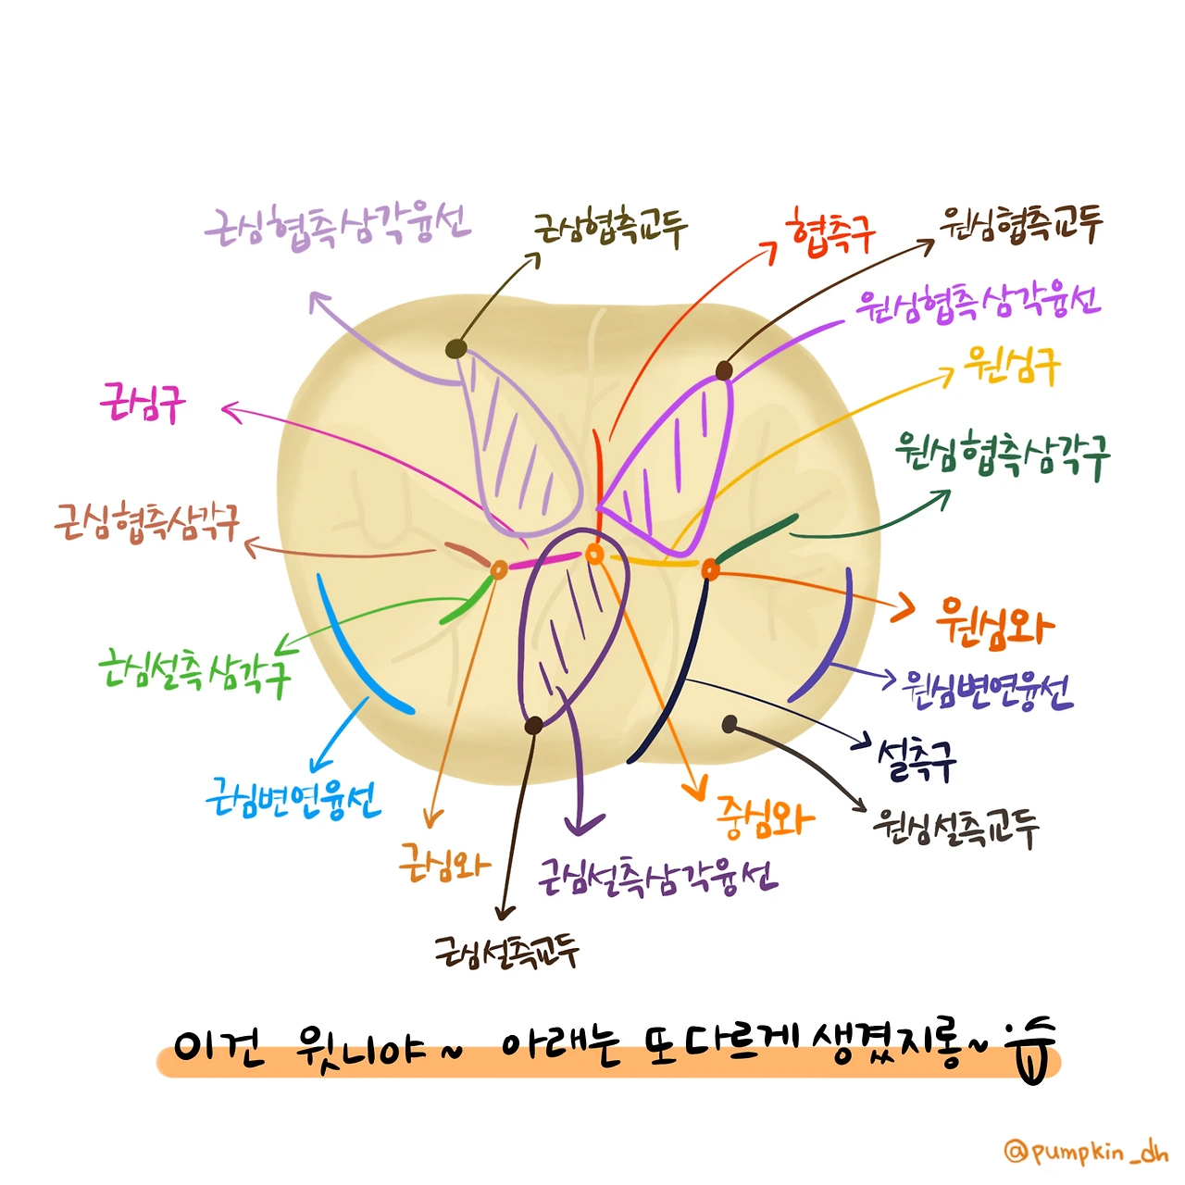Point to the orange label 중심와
[765, 818]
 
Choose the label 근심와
[444, 862]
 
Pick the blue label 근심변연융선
[293, 799]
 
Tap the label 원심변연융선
[987, 689]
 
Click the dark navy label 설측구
[916, 759]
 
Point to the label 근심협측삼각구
[147, 523]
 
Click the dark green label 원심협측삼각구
[1002, 454]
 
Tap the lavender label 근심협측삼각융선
[338, 226]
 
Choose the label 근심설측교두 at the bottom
[507, 950]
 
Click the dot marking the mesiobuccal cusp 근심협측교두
[455, 349]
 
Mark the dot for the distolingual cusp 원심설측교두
[730, 724]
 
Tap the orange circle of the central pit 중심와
[595, 554]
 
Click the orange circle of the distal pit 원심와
[710, 569]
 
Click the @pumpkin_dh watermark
[1085, 1152]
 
